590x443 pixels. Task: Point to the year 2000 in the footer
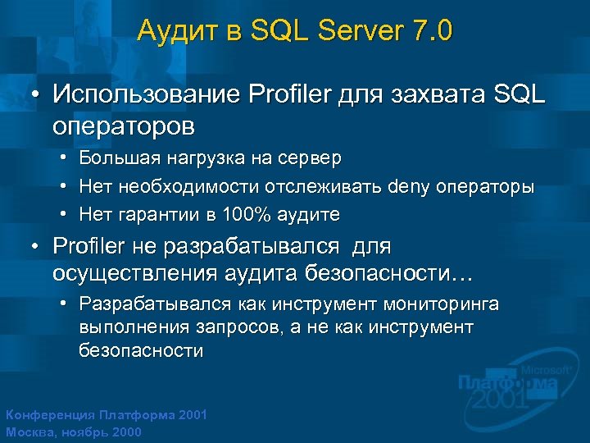[x=124, y=432]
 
